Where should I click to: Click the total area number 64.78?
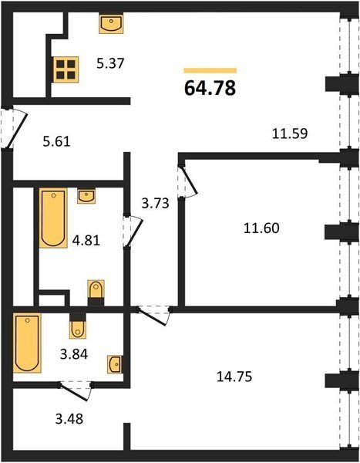coord(210,88)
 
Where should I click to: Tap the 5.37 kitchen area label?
coord(111,63)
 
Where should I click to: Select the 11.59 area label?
coord(290,133)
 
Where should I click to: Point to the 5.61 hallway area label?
coord(56,142)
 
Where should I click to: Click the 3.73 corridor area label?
coord(155,203)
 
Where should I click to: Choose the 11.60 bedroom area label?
coord(261,228)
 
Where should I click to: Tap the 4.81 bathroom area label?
coord(86,240)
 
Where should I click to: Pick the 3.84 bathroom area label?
coord(74,354)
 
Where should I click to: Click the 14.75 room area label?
coord(234,377)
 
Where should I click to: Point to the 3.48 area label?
coord(69,418)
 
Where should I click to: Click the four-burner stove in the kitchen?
coord(66,69)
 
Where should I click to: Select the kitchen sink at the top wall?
coord(111,23)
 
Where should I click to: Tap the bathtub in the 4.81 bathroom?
coord(53,218)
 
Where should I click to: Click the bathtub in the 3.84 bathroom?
coord(27,343)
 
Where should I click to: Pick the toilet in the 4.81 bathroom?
coord(96,293)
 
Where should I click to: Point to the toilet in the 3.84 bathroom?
coord(78,326)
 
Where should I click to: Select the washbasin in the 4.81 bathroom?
coord(86,196)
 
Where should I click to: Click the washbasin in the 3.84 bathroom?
coord(115,364)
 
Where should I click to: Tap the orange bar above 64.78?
coord(210,70)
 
